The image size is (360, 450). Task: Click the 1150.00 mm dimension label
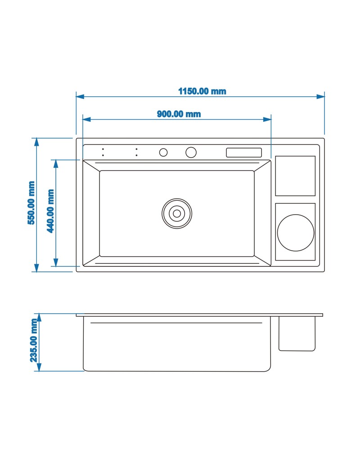(202, 91)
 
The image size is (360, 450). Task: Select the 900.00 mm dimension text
(179, 114)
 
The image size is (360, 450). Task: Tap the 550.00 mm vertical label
(31, 202)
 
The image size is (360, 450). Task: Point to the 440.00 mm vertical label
(50, 211)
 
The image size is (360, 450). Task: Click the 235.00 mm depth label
(34, 340)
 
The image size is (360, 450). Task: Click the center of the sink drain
(177, 213)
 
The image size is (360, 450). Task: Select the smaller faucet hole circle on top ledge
(163, 153)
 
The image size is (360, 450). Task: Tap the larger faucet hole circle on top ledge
(191, 153)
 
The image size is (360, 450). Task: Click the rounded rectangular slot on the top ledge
(244, 153)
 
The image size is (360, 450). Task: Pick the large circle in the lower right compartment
(296, 233)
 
